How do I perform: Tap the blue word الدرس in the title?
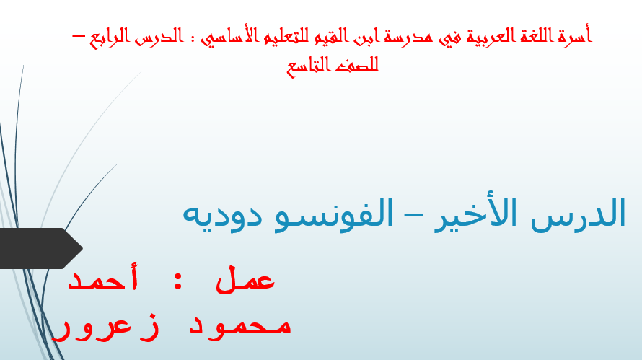(578, 214)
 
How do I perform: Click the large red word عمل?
(245, 279)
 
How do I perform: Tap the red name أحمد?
(102, 278)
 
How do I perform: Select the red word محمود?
(239, 325)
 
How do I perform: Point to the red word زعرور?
(105, 328)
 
